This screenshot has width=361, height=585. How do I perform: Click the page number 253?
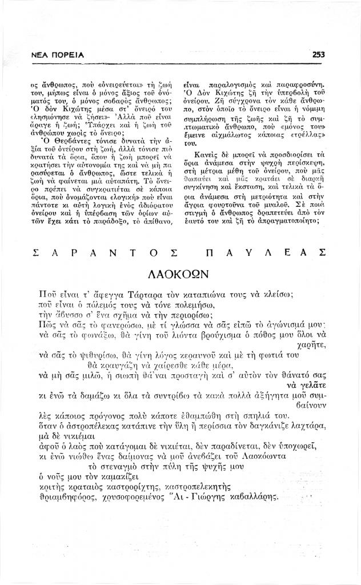coord(319,55)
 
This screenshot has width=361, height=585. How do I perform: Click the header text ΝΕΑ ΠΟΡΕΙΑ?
coord(58,55)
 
